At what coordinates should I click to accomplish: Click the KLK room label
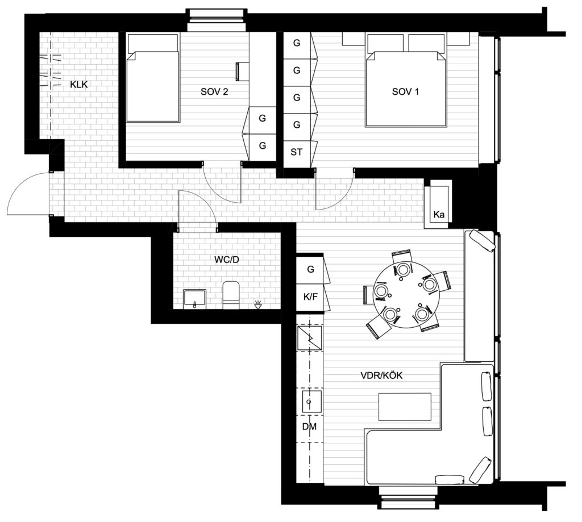(78, 85)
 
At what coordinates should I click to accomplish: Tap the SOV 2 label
(214, 91)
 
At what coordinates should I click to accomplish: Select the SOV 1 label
(405, 91)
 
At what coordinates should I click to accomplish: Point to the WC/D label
(226, 260)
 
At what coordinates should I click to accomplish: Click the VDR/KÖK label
(381, 375)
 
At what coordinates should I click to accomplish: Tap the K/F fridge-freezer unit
(310, 298)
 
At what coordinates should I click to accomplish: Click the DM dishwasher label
(310, 427)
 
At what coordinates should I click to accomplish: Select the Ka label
(439, 215)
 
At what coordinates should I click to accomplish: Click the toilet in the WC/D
(231, 295)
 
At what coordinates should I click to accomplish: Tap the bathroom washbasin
(194, 299)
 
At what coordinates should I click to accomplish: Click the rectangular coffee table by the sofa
(405, 407)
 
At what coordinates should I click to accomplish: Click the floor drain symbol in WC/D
(258, 305)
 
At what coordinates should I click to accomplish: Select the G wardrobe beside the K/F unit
(310, 269)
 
